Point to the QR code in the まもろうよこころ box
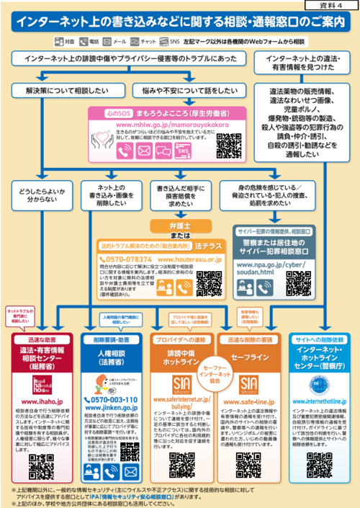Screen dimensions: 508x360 tap(228, 143)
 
